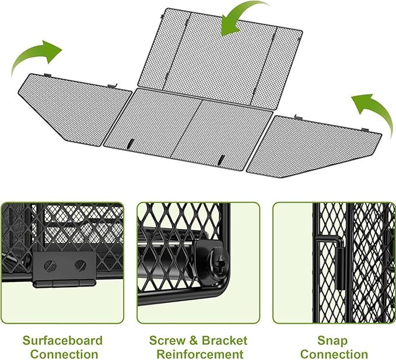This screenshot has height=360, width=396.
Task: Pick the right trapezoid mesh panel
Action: [x=313, y=146]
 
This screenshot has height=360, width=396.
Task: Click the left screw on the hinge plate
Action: [x=50, y=265]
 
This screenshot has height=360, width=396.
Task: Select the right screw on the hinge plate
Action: [x=80, y=265]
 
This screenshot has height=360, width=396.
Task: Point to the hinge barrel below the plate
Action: [x=64, y=283]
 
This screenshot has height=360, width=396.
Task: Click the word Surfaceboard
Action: [x=62, y=341]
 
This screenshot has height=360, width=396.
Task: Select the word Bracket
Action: [x=225, y=341]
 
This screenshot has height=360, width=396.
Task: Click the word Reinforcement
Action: [x=200, y=354]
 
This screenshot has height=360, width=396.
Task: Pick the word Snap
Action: [x=332, y=341]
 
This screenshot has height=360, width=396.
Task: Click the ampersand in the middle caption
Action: [x=193, y=341]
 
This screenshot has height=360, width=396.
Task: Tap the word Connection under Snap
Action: [x=334, y=354]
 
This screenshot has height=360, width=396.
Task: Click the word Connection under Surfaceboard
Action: [x=64, y=354]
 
